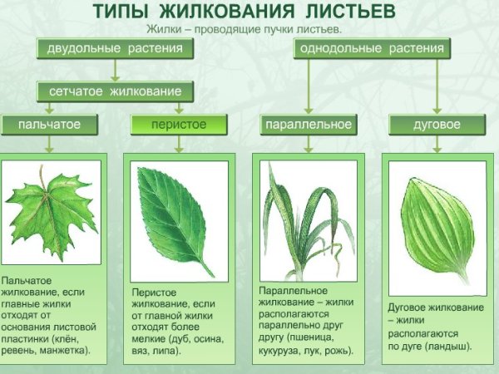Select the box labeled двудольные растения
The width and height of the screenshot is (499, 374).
tap(114, 48)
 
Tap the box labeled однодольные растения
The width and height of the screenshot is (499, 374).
tap(371, 48)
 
